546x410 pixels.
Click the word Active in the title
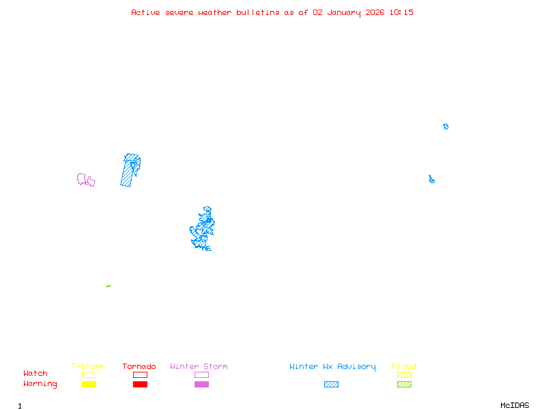[146, 12]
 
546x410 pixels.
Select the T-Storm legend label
[88, 366]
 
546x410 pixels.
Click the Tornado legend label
[139, 366]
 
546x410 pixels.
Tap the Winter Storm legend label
[199, 366]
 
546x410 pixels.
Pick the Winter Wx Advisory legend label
[332, 366]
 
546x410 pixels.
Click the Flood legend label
[404, 366]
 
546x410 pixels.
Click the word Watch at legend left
[35, 374]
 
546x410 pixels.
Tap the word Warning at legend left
[40, 384]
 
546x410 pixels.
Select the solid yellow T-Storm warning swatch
[89, 384]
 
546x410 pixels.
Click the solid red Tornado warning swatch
[140, 384]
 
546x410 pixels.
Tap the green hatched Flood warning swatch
[404, 384]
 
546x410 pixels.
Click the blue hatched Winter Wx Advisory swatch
[331, 384]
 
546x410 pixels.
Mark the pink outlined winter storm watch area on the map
[85, 180]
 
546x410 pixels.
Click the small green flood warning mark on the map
[109, 286]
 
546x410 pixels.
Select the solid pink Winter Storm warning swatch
[201, 384]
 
